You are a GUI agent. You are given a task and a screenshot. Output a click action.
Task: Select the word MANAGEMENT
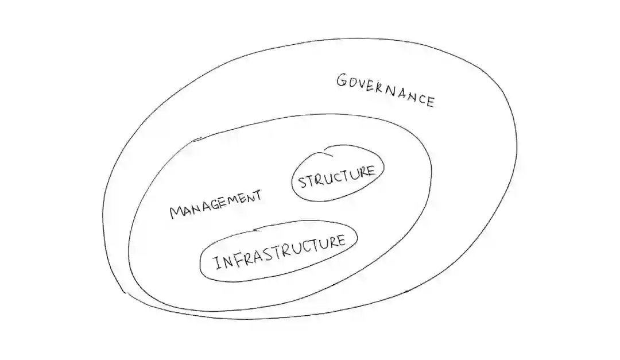(215, 204)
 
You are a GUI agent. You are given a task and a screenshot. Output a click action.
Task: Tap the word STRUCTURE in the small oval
(336, 177)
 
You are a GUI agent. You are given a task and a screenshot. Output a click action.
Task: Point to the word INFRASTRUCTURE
(280, 252)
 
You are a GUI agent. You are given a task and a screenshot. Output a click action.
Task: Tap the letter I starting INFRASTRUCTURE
(217, 264)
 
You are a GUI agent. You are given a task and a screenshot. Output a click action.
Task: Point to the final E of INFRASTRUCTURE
(341, 241)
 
